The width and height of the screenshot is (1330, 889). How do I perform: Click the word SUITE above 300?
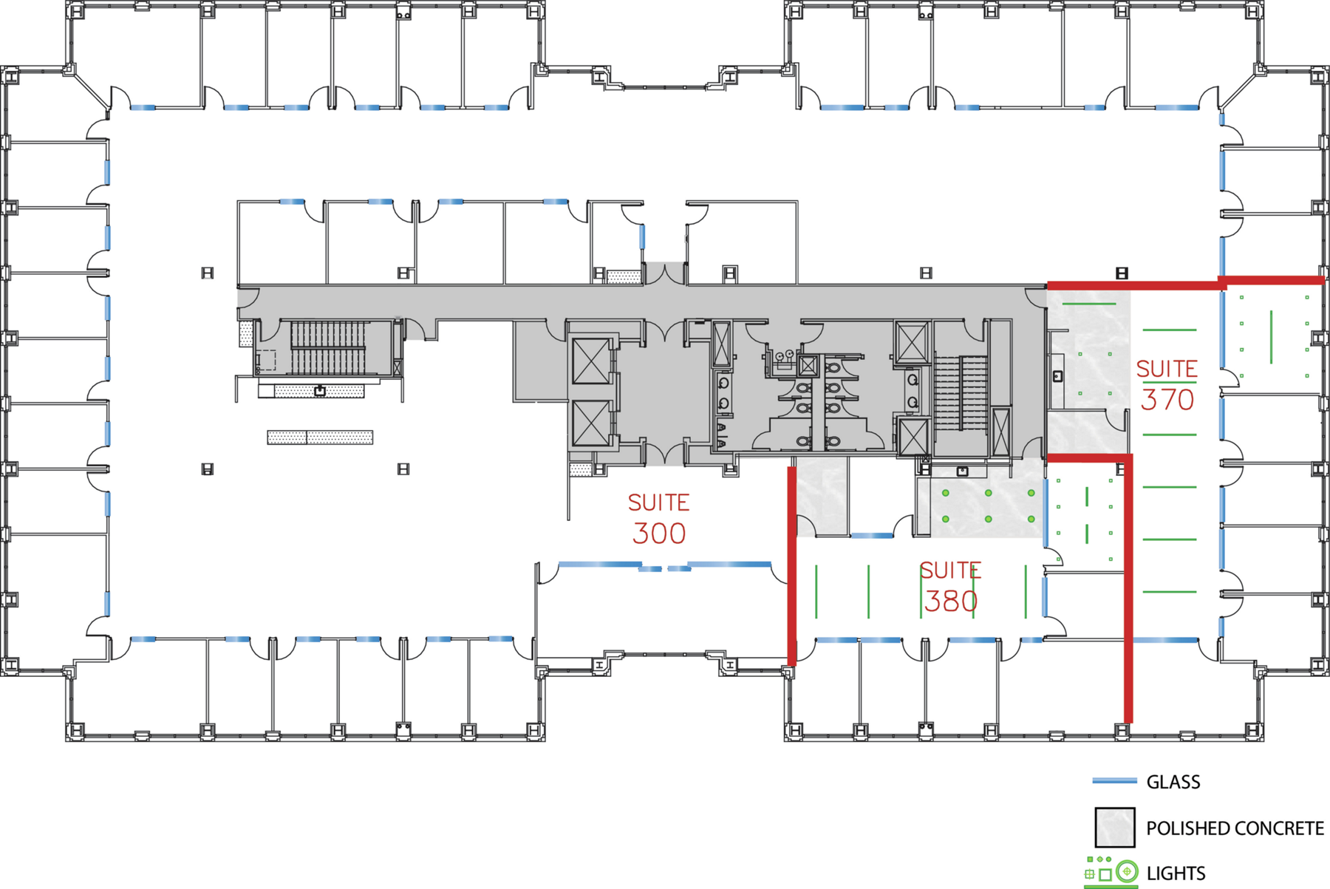(x=658, y=503)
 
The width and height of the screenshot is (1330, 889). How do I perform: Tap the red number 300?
(x=659, y=533)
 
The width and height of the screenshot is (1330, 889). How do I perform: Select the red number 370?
(x=1167, y=400)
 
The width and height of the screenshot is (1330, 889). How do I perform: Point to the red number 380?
(x=951, y=601)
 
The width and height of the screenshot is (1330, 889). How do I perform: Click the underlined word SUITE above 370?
(x=1167, y=369)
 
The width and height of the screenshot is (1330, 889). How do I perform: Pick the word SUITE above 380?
(x=951, y=570)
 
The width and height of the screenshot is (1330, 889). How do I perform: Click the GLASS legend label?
(x=1173, y=782)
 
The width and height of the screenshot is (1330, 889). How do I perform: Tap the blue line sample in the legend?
(x=1114, y=780)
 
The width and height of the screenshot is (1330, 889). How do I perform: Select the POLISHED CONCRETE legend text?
(x=1235, y=828)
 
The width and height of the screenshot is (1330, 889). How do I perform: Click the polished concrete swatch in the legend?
(x=1115, y=827)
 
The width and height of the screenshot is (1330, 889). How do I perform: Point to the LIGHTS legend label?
(x=1176, y=873)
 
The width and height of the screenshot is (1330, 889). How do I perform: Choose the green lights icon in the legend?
(x=1111, y=871)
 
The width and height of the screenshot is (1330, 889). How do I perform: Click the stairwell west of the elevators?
(x=328, y=347)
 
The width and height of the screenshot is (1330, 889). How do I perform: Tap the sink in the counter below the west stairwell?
(x=320, y=390)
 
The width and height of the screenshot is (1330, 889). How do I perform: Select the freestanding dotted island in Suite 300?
(x=320, y=437)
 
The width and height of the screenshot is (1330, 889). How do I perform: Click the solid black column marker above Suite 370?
(x=1122, y=273)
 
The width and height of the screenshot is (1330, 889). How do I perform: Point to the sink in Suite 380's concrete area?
(x=962, y=471)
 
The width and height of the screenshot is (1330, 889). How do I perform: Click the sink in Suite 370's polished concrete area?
(x=1057, y=376)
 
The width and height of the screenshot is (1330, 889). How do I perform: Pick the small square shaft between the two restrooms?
(x=808, y=365)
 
